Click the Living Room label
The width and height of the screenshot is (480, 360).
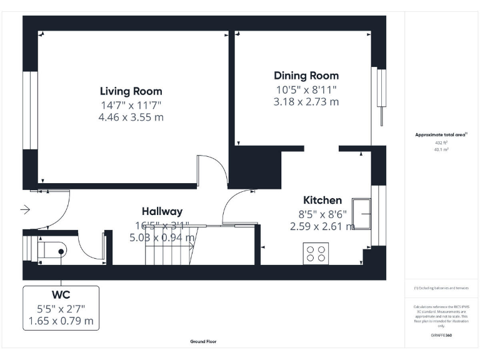coord(131,91)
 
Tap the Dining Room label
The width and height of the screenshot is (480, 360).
coord(306,76)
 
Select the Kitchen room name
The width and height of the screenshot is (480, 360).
coord(322,200)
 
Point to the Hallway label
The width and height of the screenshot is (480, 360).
coord(162,211)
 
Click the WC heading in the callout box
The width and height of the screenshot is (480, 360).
coord(61,294)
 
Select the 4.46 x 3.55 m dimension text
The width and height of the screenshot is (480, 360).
coord(131,117)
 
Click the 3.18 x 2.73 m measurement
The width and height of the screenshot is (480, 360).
coord(306,102)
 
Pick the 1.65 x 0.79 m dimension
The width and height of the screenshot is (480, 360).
coord(61,321)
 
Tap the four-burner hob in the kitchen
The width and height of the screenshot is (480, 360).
coord(316,253)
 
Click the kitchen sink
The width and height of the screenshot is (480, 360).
coord(362,214)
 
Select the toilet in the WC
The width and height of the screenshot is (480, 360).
coord(52,251)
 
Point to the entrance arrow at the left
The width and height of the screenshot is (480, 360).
coord(25,210)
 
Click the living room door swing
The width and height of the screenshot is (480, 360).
coord(211,170)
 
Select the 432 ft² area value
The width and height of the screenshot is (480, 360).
coord(441,143)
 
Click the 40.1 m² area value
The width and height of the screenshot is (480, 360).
coord(441,150)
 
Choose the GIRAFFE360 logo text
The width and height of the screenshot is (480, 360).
coord(441,336)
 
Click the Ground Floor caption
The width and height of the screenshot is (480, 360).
coord(204,342)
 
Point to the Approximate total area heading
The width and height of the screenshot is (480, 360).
coord(441,134)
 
